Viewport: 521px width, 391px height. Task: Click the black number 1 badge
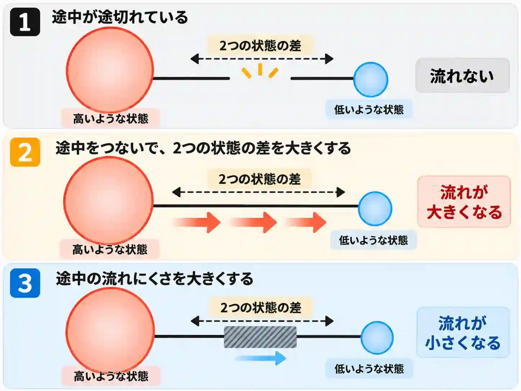pyautogui.click(x=25, y=22)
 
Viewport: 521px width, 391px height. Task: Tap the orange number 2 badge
pyautogui.click(x=25, y=152)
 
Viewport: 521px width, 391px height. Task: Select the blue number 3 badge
pyautogui.click(x=25, y=283)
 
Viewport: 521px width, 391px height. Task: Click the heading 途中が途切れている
pyautogui.click(x=120, y=17)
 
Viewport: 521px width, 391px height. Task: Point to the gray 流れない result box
pyautogui.click(x=463, y=75)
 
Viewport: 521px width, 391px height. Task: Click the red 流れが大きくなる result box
pyautogui.click(x=464, y=202)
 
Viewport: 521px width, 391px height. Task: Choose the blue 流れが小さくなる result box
pyautogui.click(x=463, y=332)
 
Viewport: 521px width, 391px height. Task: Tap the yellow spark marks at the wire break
pyautogui.click(x=260, y=71)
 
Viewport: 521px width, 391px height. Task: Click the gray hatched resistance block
pyautogui.click(x=260, y=337)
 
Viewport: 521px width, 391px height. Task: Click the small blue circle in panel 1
pyautogui.click(x=371, y=80)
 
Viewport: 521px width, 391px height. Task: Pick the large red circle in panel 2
pyautogui.click(x=108, y=201)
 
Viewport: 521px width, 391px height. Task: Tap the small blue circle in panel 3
pyautogui.click(x=377, y=338)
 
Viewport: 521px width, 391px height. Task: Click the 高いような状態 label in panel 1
pyautogui.click(x=110, y=118)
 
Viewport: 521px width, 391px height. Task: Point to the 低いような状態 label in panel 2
pyautogui.click(x=373, y=240)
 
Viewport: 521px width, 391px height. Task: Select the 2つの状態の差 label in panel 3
pyautogui.click(x=261, y=308)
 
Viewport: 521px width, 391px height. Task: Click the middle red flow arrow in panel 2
pyautogui.click(x=254, y=223)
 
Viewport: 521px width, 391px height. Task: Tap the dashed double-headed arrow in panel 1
pyautogui.click(x=262, y=59)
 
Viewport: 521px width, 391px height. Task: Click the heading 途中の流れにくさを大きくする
pyautogui.click(x=154, y=279)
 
